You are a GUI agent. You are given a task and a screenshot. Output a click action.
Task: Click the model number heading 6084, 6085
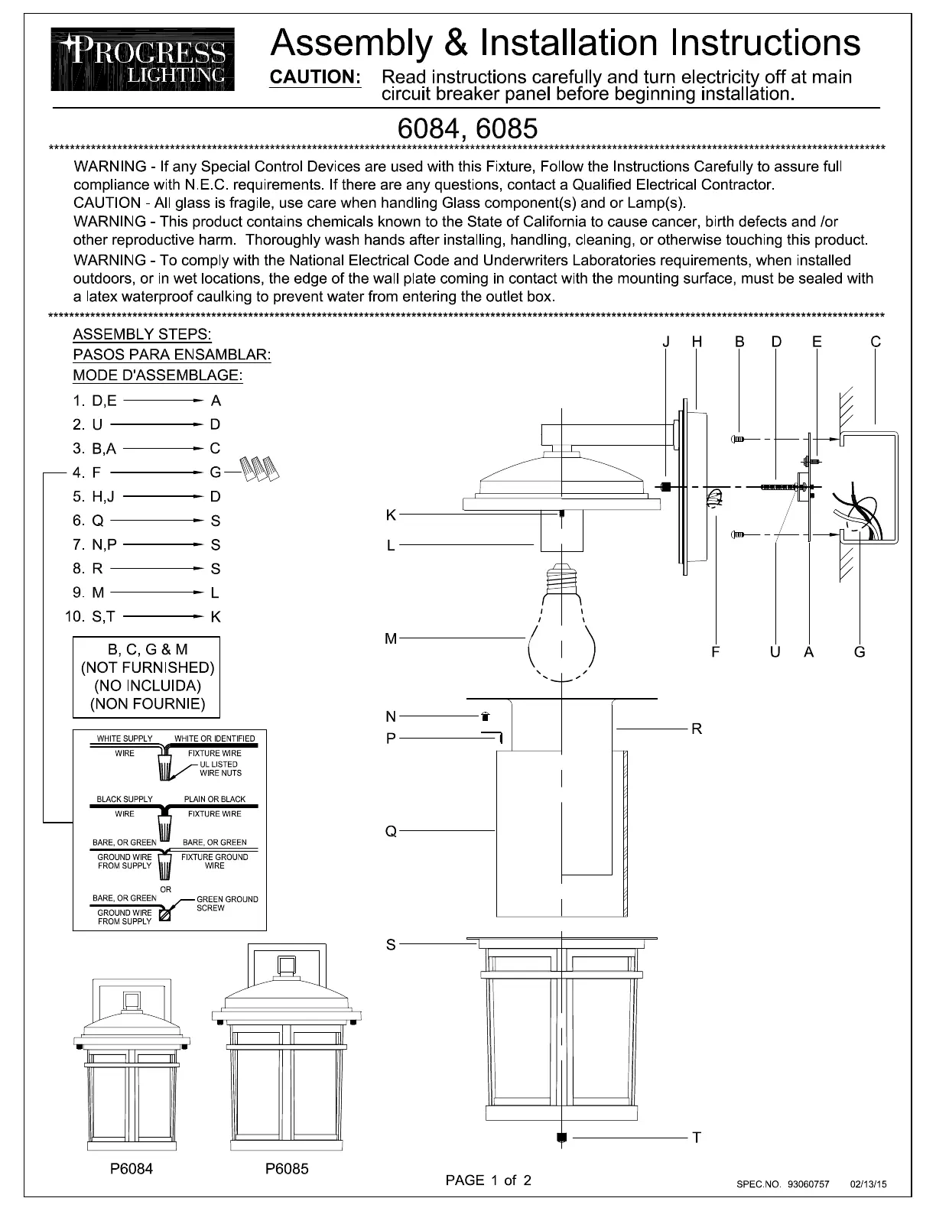(467, 128)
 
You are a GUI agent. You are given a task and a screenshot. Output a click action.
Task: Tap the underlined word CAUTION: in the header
(315, 78)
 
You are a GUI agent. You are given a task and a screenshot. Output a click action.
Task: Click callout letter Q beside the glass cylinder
(391, 831)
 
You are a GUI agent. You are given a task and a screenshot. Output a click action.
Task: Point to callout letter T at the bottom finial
(697, 1138)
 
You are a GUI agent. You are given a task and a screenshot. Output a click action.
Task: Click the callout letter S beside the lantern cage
(391, 945)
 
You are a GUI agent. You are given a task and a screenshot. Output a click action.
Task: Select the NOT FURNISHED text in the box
(148, 667)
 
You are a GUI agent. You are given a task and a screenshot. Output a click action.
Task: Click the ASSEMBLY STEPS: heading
(142, 335)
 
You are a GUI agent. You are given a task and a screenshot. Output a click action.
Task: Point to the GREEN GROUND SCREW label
(227, 904)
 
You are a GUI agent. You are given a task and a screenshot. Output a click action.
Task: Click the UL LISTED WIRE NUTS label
(220, 768)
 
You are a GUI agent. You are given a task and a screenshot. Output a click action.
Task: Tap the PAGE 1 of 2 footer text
(488, 1180)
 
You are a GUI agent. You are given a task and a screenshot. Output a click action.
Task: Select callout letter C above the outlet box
(876, 342)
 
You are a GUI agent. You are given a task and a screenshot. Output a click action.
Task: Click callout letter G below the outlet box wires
(860, 652)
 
